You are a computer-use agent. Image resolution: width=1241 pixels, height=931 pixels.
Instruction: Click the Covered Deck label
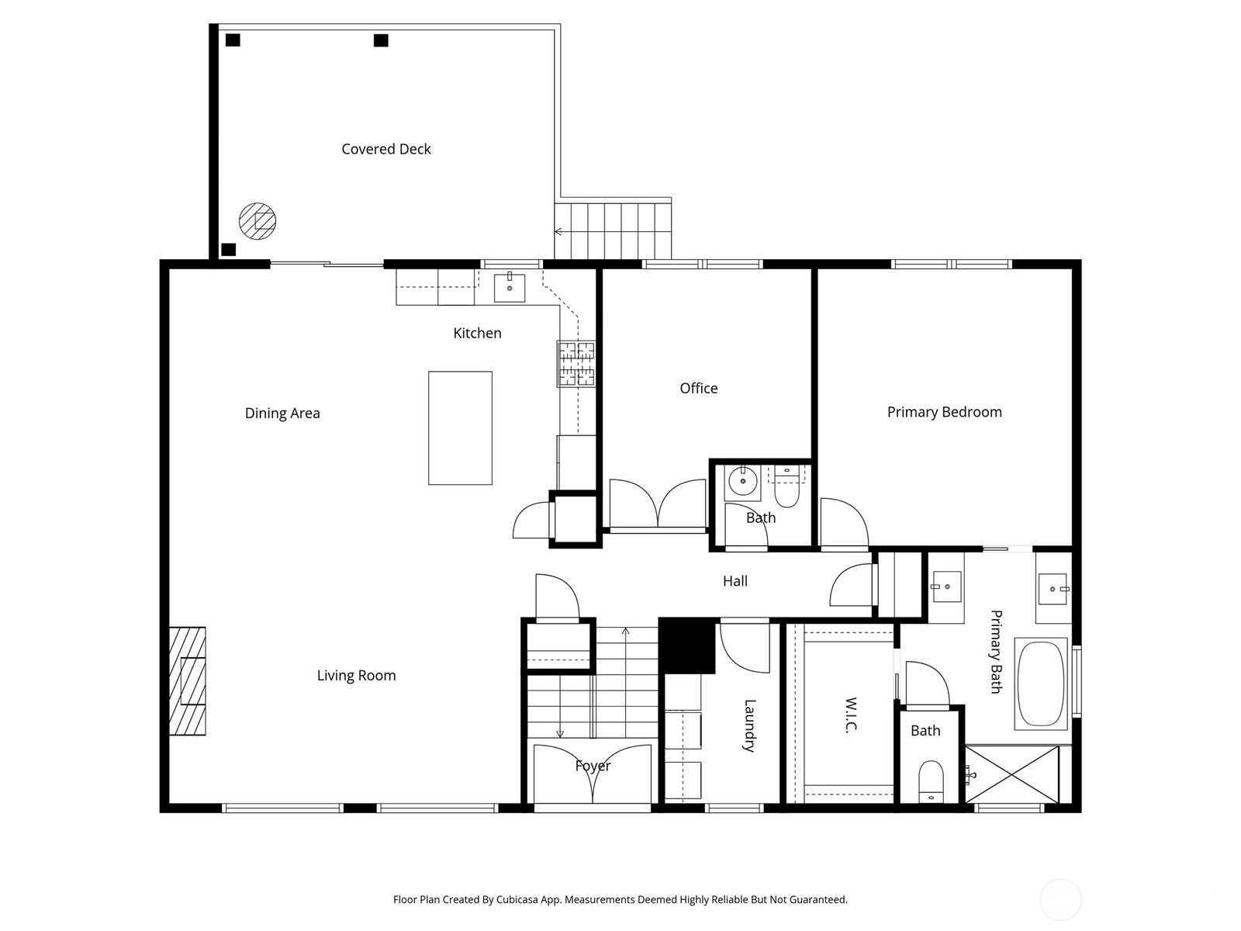386,149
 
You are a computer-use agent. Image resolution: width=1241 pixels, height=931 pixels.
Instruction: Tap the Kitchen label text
477,333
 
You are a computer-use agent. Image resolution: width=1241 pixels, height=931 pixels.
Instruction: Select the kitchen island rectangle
460,428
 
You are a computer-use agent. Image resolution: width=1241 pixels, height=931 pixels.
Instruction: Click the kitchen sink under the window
510,289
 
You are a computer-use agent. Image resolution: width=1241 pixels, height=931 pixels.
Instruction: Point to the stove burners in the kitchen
576,364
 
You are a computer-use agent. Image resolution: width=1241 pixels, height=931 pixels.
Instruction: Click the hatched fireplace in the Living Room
188,681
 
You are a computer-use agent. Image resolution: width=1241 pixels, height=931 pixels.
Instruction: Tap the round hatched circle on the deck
258,221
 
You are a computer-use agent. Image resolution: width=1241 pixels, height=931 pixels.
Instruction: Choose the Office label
699,389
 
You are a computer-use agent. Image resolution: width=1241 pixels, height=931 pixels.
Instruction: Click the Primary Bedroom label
944,412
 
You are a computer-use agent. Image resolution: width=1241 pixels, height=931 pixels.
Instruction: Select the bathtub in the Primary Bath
1041,684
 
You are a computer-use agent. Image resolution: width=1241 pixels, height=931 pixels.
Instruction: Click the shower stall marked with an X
1012,774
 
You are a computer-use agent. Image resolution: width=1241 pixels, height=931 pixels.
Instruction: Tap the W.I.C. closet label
851,715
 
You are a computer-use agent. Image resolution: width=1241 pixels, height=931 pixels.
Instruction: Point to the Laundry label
749,726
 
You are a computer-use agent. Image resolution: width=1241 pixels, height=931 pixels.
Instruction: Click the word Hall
735,581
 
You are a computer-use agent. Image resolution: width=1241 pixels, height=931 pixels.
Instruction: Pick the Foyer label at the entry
593,766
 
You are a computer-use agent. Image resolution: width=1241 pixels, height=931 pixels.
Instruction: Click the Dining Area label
282,414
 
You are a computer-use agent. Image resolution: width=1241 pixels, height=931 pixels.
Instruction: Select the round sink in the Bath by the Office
742,482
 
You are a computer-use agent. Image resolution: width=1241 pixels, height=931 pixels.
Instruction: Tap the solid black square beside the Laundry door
687,645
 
